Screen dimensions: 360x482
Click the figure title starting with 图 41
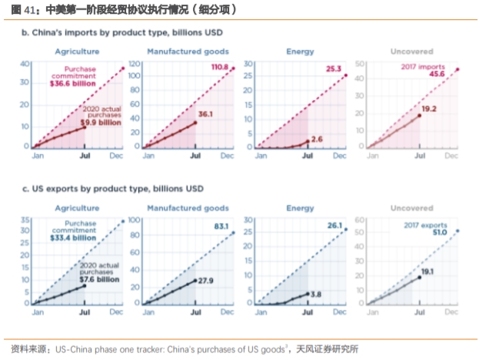click(x=119, y=10)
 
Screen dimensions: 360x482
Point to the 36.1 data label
click(x=207, y=114)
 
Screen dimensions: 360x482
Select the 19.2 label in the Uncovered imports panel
click(x=429, y=109)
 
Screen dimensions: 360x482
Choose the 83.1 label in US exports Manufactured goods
click(x=224, y=225)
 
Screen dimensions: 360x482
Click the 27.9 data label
click(x=207, y=281)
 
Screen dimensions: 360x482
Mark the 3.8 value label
click(x=317, y=294)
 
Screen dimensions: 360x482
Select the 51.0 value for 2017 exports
click(x=439, y=233)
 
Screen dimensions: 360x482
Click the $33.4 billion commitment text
click(x=74, y=238)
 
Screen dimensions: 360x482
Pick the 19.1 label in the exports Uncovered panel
click(x=427, y=272)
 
